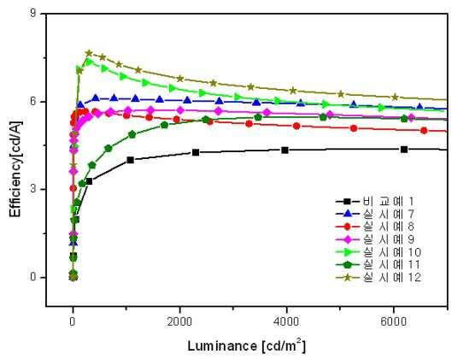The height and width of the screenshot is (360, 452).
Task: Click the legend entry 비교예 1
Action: pos(375,201)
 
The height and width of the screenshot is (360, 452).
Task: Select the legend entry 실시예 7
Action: pos(375,214)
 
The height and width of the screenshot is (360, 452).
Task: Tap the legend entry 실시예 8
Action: pos(375,227)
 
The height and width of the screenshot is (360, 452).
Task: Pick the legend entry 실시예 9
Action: pos(375,239)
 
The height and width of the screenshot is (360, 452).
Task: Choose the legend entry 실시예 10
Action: pos(379,251)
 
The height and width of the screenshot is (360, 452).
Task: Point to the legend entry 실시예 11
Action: pos(379,264)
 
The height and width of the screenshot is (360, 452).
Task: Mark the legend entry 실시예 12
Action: pos(379,277)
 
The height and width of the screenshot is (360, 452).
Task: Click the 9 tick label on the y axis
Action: pos(34,14)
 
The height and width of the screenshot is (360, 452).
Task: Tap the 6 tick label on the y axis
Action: pos(34,102)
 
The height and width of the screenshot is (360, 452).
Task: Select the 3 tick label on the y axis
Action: pos(34,189)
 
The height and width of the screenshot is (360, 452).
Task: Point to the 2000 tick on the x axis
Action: pos(179,322)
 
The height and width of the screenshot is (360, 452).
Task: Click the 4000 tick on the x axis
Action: pos(286,322)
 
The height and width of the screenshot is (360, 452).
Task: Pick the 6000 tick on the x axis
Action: pos(393,322)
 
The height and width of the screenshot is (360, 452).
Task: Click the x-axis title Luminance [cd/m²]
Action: pos(247,345)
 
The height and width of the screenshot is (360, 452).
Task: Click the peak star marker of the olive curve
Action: pos(89,53)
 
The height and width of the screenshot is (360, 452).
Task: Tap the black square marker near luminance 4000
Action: pos(285,150)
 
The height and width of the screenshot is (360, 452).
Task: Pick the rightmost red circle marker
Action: pos(424,130)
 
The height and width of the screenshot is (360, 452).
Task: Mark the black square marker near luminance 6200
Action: pos(404,149)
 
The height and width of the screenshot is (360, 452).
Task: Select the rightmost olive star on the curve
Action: pos(395,97)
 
